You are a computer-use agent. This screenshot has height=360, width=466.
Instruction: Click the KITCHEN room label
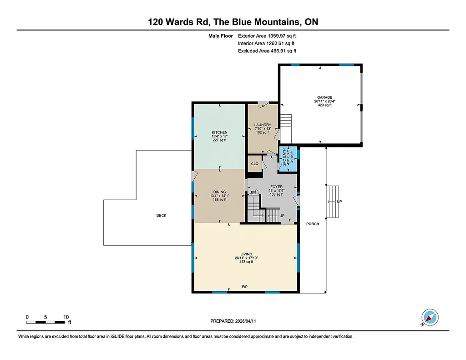(219, 132)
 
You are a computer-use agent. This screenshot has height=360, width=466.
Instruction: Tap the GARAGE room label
(324, 97)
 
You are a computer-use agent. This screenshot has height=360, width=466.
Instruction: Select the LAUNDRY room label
(263, 125)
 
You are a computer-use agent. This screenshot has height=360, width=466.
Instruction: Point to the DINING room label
(219, 192)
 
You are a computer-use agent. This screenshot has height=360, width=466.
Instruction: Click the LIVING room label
(246, 254)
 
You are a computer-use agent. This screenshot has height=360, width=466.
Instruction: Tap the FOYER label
(276, 187)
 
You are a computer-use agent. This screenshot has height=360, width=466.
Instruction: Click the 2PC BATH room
(288, 159)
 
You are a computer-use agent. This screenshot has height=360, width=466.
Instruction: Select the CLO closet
(255, 164)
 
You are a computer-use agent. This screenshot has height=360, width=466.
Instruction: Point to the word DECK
(162, 216)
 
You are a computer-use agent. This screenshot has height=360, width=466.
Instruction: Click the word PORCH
(313, 224)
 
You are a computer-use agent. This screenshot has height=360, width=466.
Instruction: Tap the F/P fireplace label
(244, 287)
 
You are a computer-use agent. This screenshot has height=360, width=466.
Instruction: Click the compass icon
(430, 317)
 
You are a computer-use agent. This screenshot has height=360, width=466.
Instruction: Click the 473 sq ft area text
(246, 262)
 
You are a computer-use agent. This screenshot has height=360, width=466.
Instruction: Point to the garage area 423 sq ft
(324, 105)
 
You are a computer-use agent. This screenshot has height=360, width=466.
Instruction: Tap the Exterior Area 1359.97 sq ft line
(267, 36)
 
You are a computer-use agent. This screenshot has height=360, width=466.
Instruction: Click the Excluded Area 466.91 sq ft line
(267, 51)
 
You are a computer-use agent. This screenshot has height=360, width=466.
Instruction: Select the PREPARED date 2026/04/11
(233, 321)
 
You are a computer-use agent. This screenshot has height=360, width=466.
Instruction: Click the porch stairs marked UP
(333, 202)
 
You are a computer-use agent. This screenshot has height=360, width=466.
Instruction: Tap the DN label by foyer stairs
(253, 193)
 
